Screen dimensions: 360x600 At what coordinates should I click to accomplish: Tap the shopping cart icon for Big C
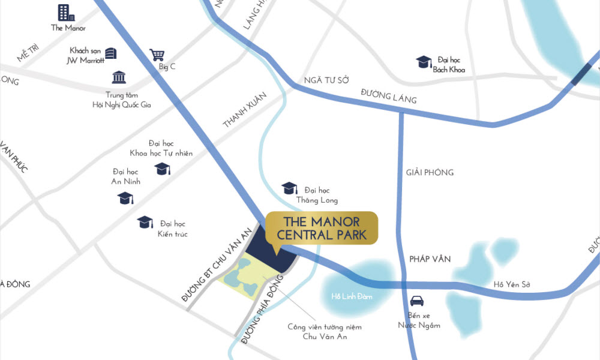[x=157, y=55]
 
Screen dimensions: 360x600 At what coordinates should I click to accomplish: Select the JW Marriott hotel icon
[x=111, y=53]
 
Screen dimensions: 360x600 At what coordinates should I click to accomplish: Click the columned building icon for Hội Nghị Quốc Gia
[x=119, y=77]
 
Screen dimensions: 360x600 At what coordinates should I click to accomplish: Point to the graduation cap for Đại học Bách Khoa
[x=424, y=62]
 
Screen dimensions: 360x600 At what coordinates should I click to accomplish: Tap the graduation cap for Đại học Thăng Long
[x=289, y=188]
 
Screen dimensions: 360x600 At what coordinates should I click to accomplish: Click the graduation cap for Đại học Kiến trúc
[x=145, y=223]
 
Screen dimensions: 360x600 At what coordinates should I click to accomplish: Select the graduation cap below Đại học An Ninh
[x=124, y=198]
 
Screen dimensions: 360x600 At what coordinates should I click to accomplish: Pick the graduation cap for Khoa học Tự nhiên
[x=163, y=170]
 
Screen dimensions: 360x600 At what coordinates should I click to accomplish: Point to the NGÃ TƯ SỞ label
[x=326, y=80]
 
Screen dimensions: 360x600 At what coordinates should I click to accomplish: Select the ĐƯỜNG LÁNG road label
[x=388, y=96]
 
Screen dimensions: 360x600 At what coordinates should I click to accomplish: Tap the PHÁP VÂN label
[x=430, y=259]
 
